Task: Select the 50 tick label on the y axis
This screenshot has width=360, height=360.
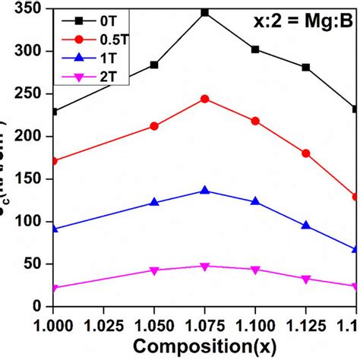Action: click(x=34, y=264)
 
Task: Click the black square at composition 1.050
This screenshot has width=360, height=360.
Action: click(x=154, y=65)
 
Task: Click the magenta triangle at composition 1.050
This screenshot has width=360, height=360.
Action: click(x=154, y=270)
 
